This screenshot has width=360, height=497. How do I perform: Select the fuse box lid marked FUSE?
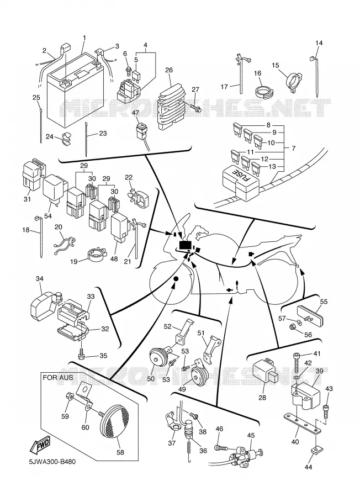(241, 182)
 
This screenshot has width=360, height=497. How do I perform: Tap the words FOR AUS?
(57, 378)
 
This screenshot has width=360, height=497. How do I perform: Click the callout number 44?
(309, 467)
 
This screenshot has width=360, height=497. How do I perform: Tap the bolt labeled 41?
(296, 364)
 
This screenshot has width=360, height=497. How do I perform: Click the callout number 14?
(319, 43)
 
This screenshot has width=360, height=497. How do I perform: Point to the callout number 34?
(40, 279)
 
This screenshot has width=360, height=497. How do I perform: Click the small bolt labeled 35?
(82, 355)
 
